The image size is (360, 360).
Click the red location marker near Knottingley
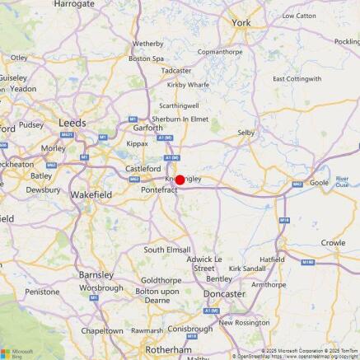tap(180, 179)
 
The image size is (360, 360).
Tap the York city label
tap(241, 23)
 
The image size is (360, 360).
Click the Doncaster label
tap(225, 293)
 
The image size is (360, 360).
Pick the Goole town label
tap(319, 182)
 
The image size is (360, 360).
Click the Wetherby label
tap(148, 43)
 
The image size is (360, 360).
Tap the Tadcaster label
tap(176, 71)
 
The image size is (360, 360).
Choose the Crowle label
tap(333, 243)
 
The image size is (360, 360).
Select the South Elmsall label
tap(166, 249)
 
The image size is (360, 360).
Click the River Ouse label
tap(343, 181)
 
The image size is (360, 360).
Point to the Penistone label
tap(43, 292)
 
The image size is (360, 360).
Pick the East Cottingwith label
tap(297, 78)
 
